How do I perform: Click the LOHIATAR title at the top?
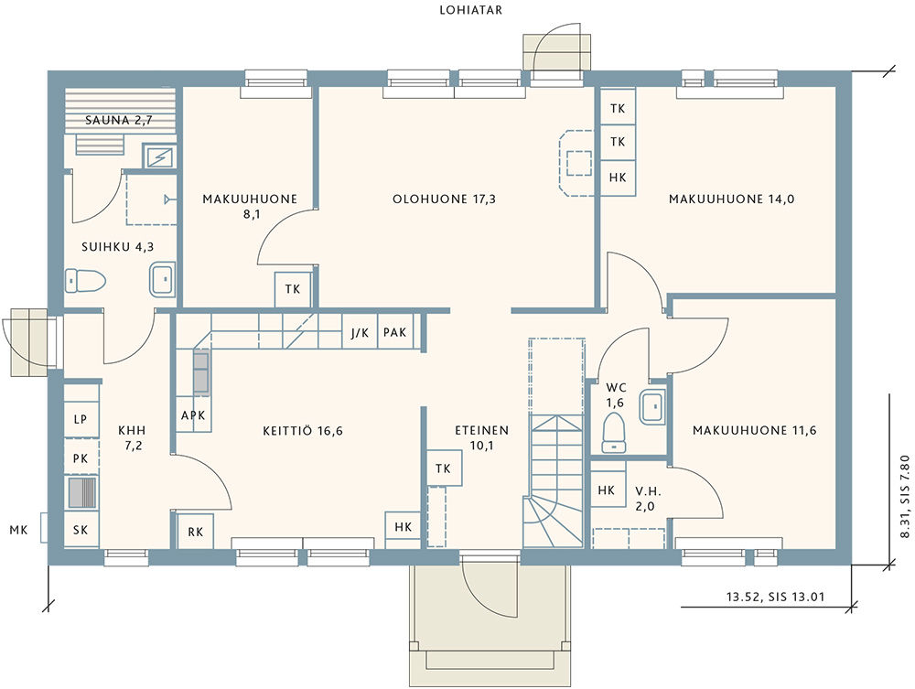[471, 10]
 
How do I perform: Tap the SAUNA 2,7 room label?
[119, 120]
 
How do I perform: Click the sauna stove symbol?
[158, 156]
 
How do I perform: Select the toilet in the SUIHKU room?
[85, 280]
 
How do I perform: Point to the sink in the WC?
[652, 406]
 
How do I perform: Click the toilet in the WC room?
[613, 432]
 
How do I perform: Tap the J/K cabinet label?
[360, 332]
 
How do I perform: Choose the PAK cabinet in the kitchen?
[395, 332]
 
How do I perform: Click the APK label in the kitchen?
[193, 415]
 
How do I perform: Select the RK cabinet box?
[195, 531]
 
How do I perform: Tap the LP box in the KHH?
[81, 419]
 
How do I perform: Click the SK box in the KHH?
[81, 529]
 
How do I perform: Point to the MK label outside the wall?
[18, 531]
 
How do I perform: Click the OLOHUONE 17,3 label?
[444, 199]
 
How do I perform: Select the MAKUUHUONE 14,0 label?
[732, 199]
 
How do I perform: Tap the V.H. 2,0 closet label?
[645, 499]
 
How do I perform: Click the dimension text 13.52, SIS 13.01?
[776, 597]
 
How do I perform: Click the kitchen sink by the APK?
[200, 372]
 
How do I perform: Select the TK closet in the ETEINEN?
[443, 468]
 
